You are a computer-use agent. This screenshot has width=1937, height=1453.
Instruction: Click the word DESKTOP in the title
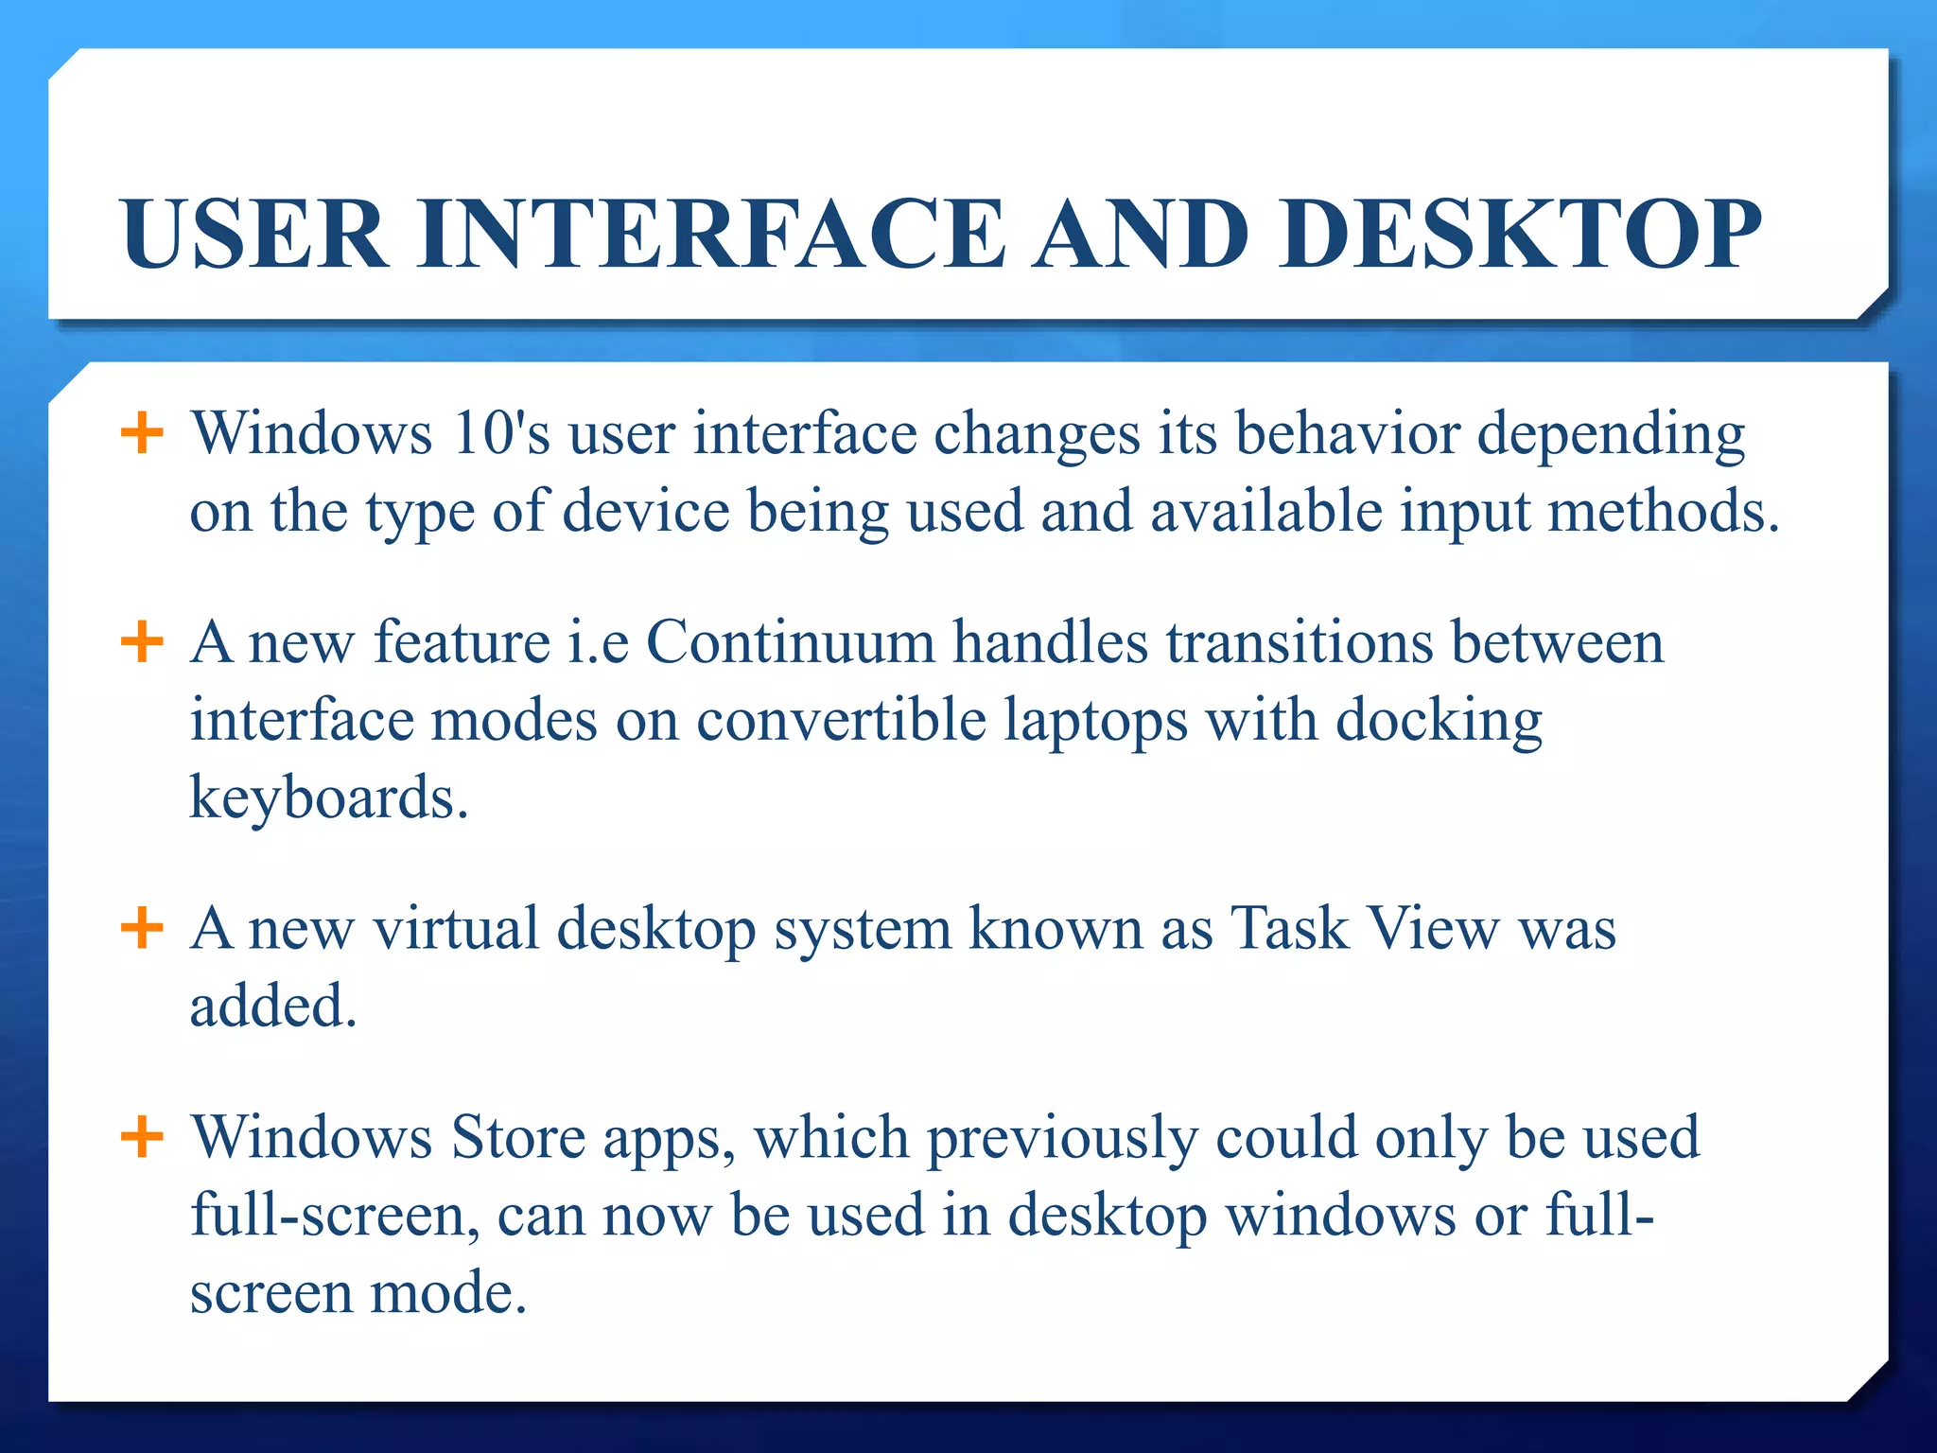tap(1522, 234)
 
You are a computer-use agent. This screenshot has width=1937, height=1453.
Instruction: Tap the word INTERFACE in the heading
tap(711, 234)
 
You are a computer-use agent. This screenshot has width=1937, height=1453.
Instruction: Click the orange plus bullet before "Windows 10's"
tap(143, 434)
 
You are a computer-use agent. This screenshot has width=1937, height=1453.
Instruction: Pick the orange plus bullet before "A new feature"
tap(143, 642)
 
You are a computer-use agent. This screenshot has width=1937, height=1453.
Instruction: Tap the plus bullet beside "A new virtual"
tap(143, 928)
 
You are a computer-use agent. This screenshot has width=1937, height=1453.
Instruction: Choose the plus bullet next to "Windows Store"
tap(143, 1136)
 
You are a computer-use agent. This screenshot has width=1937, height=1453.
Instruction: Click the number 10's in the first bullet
tap(500, 434)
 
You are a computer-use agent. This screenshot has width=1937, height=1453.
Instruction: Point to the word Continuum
tap(791, 642)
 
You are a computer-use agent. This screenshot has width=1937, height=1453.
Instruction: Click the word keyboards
tap(328, 797)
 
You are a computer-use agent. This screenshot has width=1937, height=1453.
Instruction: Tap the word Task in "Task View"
tap(1289, 928)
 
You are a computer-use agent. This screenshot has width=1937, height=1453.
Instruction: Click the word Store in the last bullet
tap(517, 1136)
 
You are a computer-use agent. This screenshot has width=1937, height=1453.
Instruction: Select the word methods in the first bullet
tap(1663, 512)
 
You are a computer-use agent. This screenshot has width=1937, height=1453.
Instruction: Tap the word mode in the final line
tap(446, 1293)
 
